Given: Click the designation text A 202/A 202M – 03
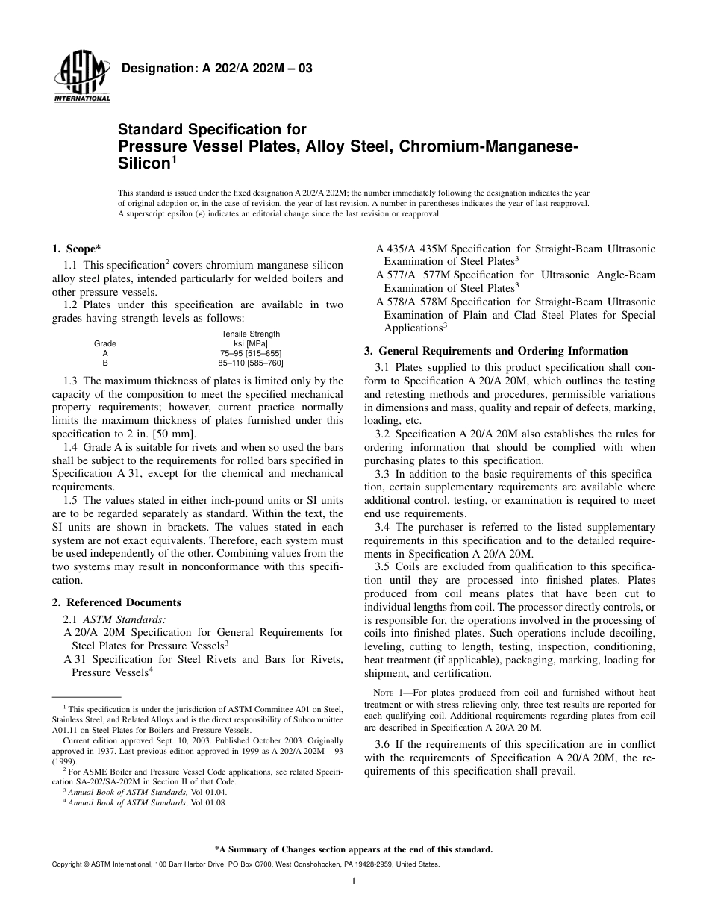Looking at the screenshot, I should point(216,69).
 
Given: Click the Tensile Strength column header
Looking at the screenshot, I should point(250,334).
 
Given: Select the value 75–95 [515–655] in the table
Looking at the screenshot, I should point(250,353).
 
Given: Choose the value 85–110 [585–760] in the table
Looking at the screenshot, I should point(250,363).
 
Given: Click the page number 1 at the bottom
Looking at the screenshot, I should point(354,881).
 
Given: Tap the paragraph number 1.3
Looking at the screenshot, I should point(72,381).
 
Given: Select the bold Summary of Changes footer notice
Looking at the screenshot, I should point(354,849).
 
